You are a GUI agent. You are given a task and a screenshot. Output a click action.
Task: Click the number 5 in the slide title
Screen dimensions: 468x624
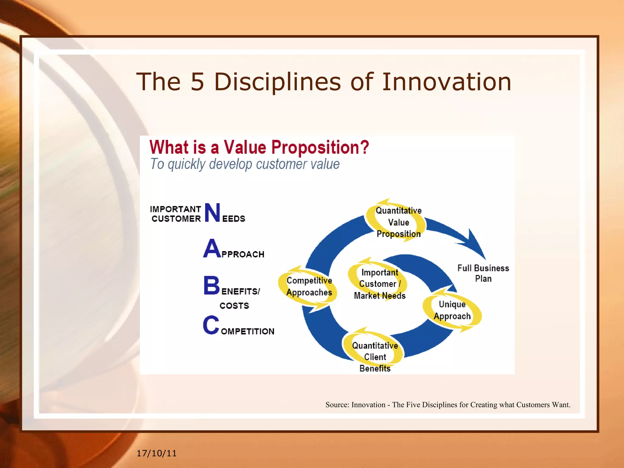pos(197,82)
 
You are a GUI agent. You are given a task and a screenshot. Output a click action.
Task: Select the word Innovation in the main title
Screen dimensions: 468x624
pos(446,82)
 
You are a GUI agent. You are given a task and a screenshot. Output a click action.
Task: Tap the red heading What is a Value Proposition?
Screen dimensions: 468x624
pos(259,147)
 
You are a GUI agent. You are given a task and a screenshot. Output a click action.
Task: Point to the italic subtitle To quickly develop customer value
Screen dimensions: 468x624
pos(245,164)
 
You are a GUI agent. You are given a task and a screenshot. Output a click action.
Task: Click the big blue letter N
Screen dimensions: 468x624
pos(212,213)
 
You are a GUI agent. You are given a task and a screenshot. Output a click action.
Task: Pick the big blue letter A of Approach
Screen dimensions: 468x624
pos(212,249)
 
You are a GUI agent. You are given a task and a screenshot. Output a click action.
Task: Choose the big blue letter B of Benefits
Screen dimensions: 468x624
pos(211,285)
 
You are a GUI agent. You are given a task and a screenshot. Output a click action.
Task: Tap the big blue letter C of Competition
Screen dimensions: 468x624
pos(211,325)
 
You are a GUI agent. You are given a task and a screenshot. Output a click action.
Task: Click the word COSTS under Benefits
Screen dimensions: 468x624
pos(234,306)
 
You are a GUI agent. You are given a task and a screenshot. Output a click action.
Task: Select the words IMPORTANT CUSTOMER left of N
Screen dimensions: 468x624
pos(176,214)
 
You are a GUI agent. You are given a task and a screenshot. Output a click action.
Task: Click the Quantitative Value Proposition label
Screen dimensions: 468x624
pos(399,222)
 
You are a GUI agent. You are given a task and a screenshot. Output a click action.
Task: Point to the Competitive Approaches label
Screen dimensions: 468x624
pos(309,286)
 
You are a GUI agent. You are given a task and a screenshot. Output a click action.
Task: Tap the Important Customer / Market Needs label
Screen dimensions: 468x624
pos(380,284)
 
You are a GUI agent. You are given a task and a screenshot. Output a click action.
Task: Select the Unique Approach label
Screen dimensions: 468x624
pos(452,310)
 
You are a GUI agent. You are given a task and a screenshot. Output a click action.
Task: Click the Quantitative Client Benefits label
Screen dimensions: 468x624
pos(375,357)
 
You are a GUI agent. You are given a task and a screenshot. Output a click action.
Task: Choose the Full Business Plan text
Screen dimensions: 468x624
pos(483,273)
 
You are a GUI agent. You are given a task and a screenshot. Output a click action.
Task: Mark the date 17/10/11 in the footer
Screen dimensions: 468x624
pos(157,453)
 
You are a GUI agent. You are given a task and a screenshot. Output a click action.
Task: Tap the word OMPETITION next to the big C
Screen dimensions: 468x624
pos(247,331)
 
